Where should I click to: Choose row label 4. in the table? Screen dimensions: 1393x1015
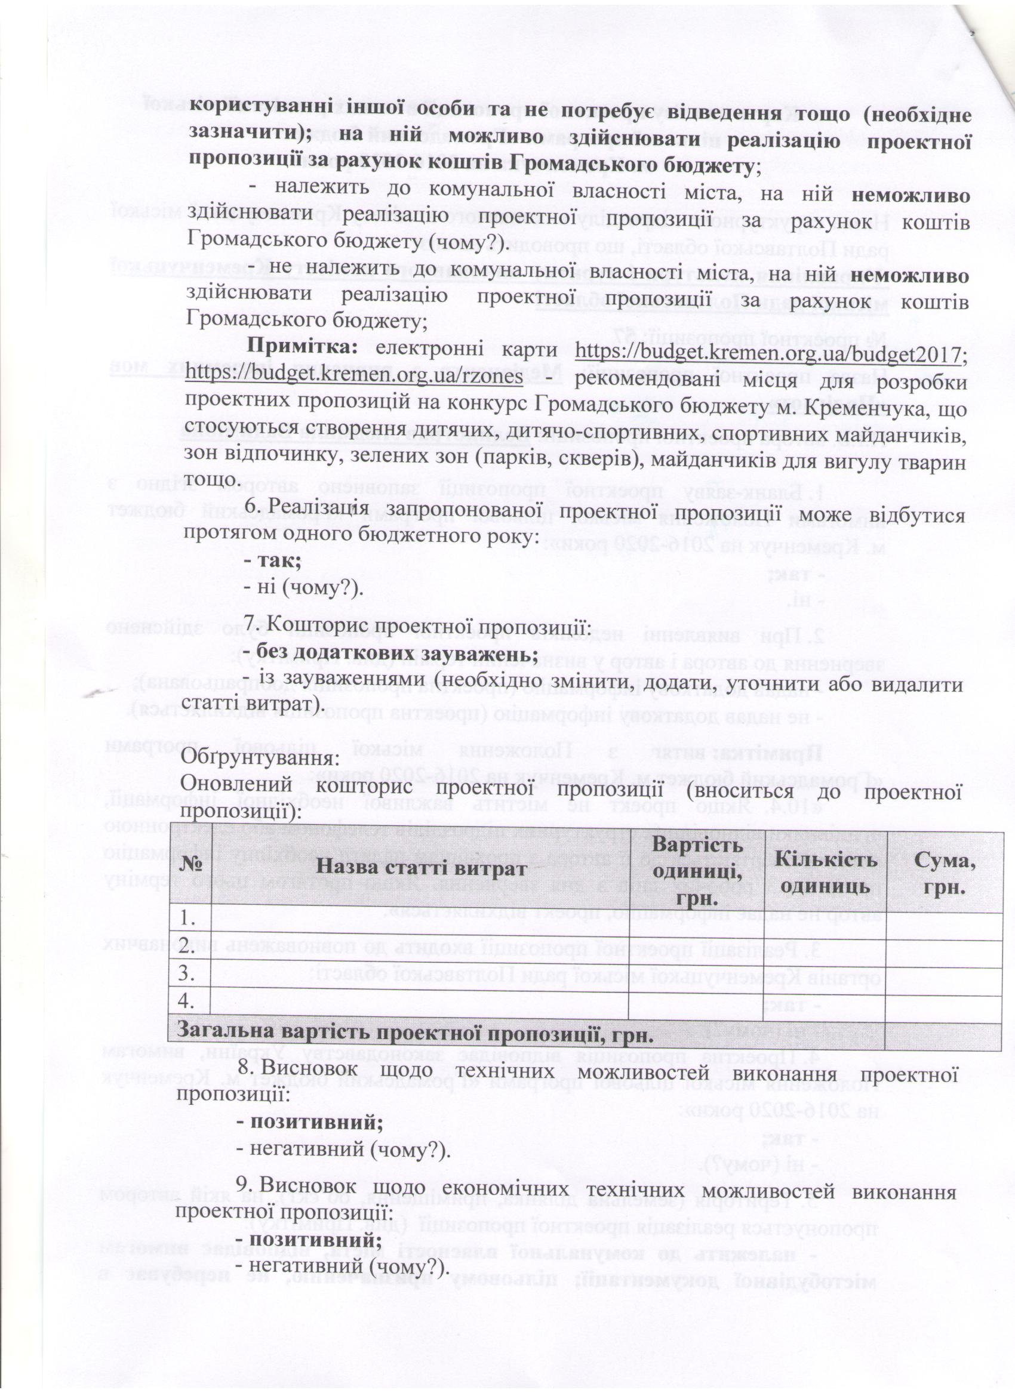click(x=189, y=1001)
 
